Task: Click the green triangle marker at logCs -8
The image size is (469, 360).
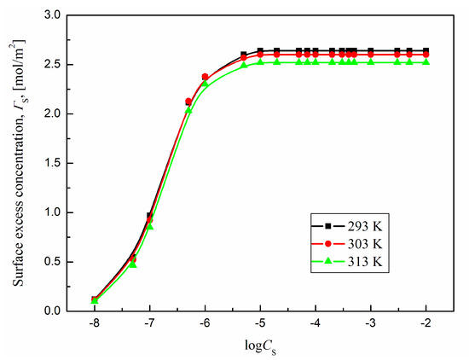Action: pos(95,300)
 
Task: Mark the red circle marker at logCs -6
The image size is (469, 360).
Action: pos(205,77)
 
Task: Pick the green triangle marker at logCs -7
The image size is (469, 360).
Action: pos(150,226)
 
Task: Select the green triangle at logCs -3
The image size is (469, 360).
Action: pos(371,61)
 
